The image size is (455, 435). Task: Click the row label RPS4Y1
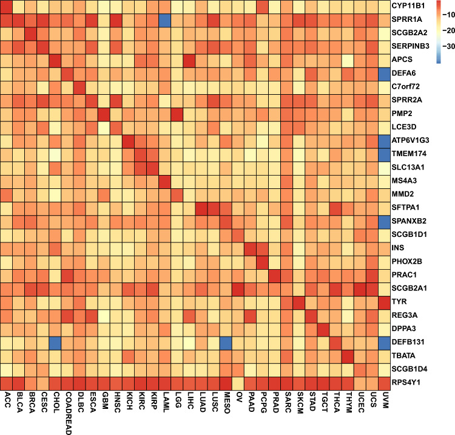(x=410, y=382)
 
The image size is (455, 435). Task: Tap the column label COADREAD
(x=68, y=411)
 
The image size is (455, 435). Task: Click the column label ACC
(x=7, y=398)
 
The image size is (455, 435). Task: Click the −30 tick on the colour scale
(x=442, y=46)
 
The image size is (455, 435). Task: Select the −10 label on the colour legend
(x=442, y=12)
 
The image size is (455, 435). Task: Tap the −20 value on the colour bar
(x=442, y=29)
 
